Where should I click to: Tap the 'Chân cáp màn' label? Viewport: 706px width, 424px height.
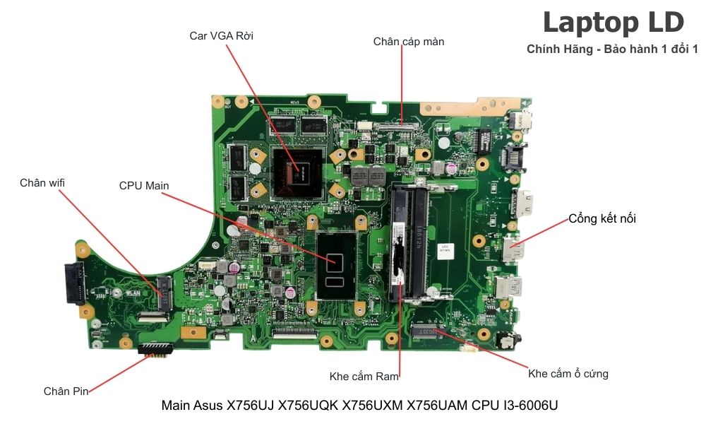pyautogui.click(x=409, y=42)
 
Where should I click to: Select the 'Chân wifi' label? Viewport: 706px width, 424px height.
pyautogui.click(x=42, y=183)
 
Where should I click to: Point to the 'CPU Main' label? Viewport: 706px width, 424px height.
pyautogui.click(x=144, y=186)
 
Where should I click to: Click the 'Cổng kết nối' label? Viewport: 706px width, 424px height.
pyautogui.click(x=602, y=219)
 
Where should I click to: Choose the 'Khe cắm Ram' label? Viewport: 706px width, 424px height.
pyautogui.click(x=364, y=376)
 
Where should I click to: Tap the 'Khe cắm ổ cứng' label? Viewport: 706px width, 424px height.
pyautogui.click(x=568, y=373)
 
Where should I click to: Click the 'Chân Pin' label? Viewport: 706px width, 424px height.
pyautogui.click(x=66, y=391)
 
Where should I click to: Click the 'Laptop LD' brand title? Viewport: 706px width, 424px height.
pyautogui.click(x=613, y=23)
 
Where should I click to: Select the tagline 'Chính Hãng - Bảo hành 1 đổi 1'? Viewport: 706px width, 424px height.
pyautogui.click(x=612, y=49)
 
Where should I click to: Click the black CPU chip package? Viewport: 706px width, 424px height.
pyautogui.click(x=336, y=265)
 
